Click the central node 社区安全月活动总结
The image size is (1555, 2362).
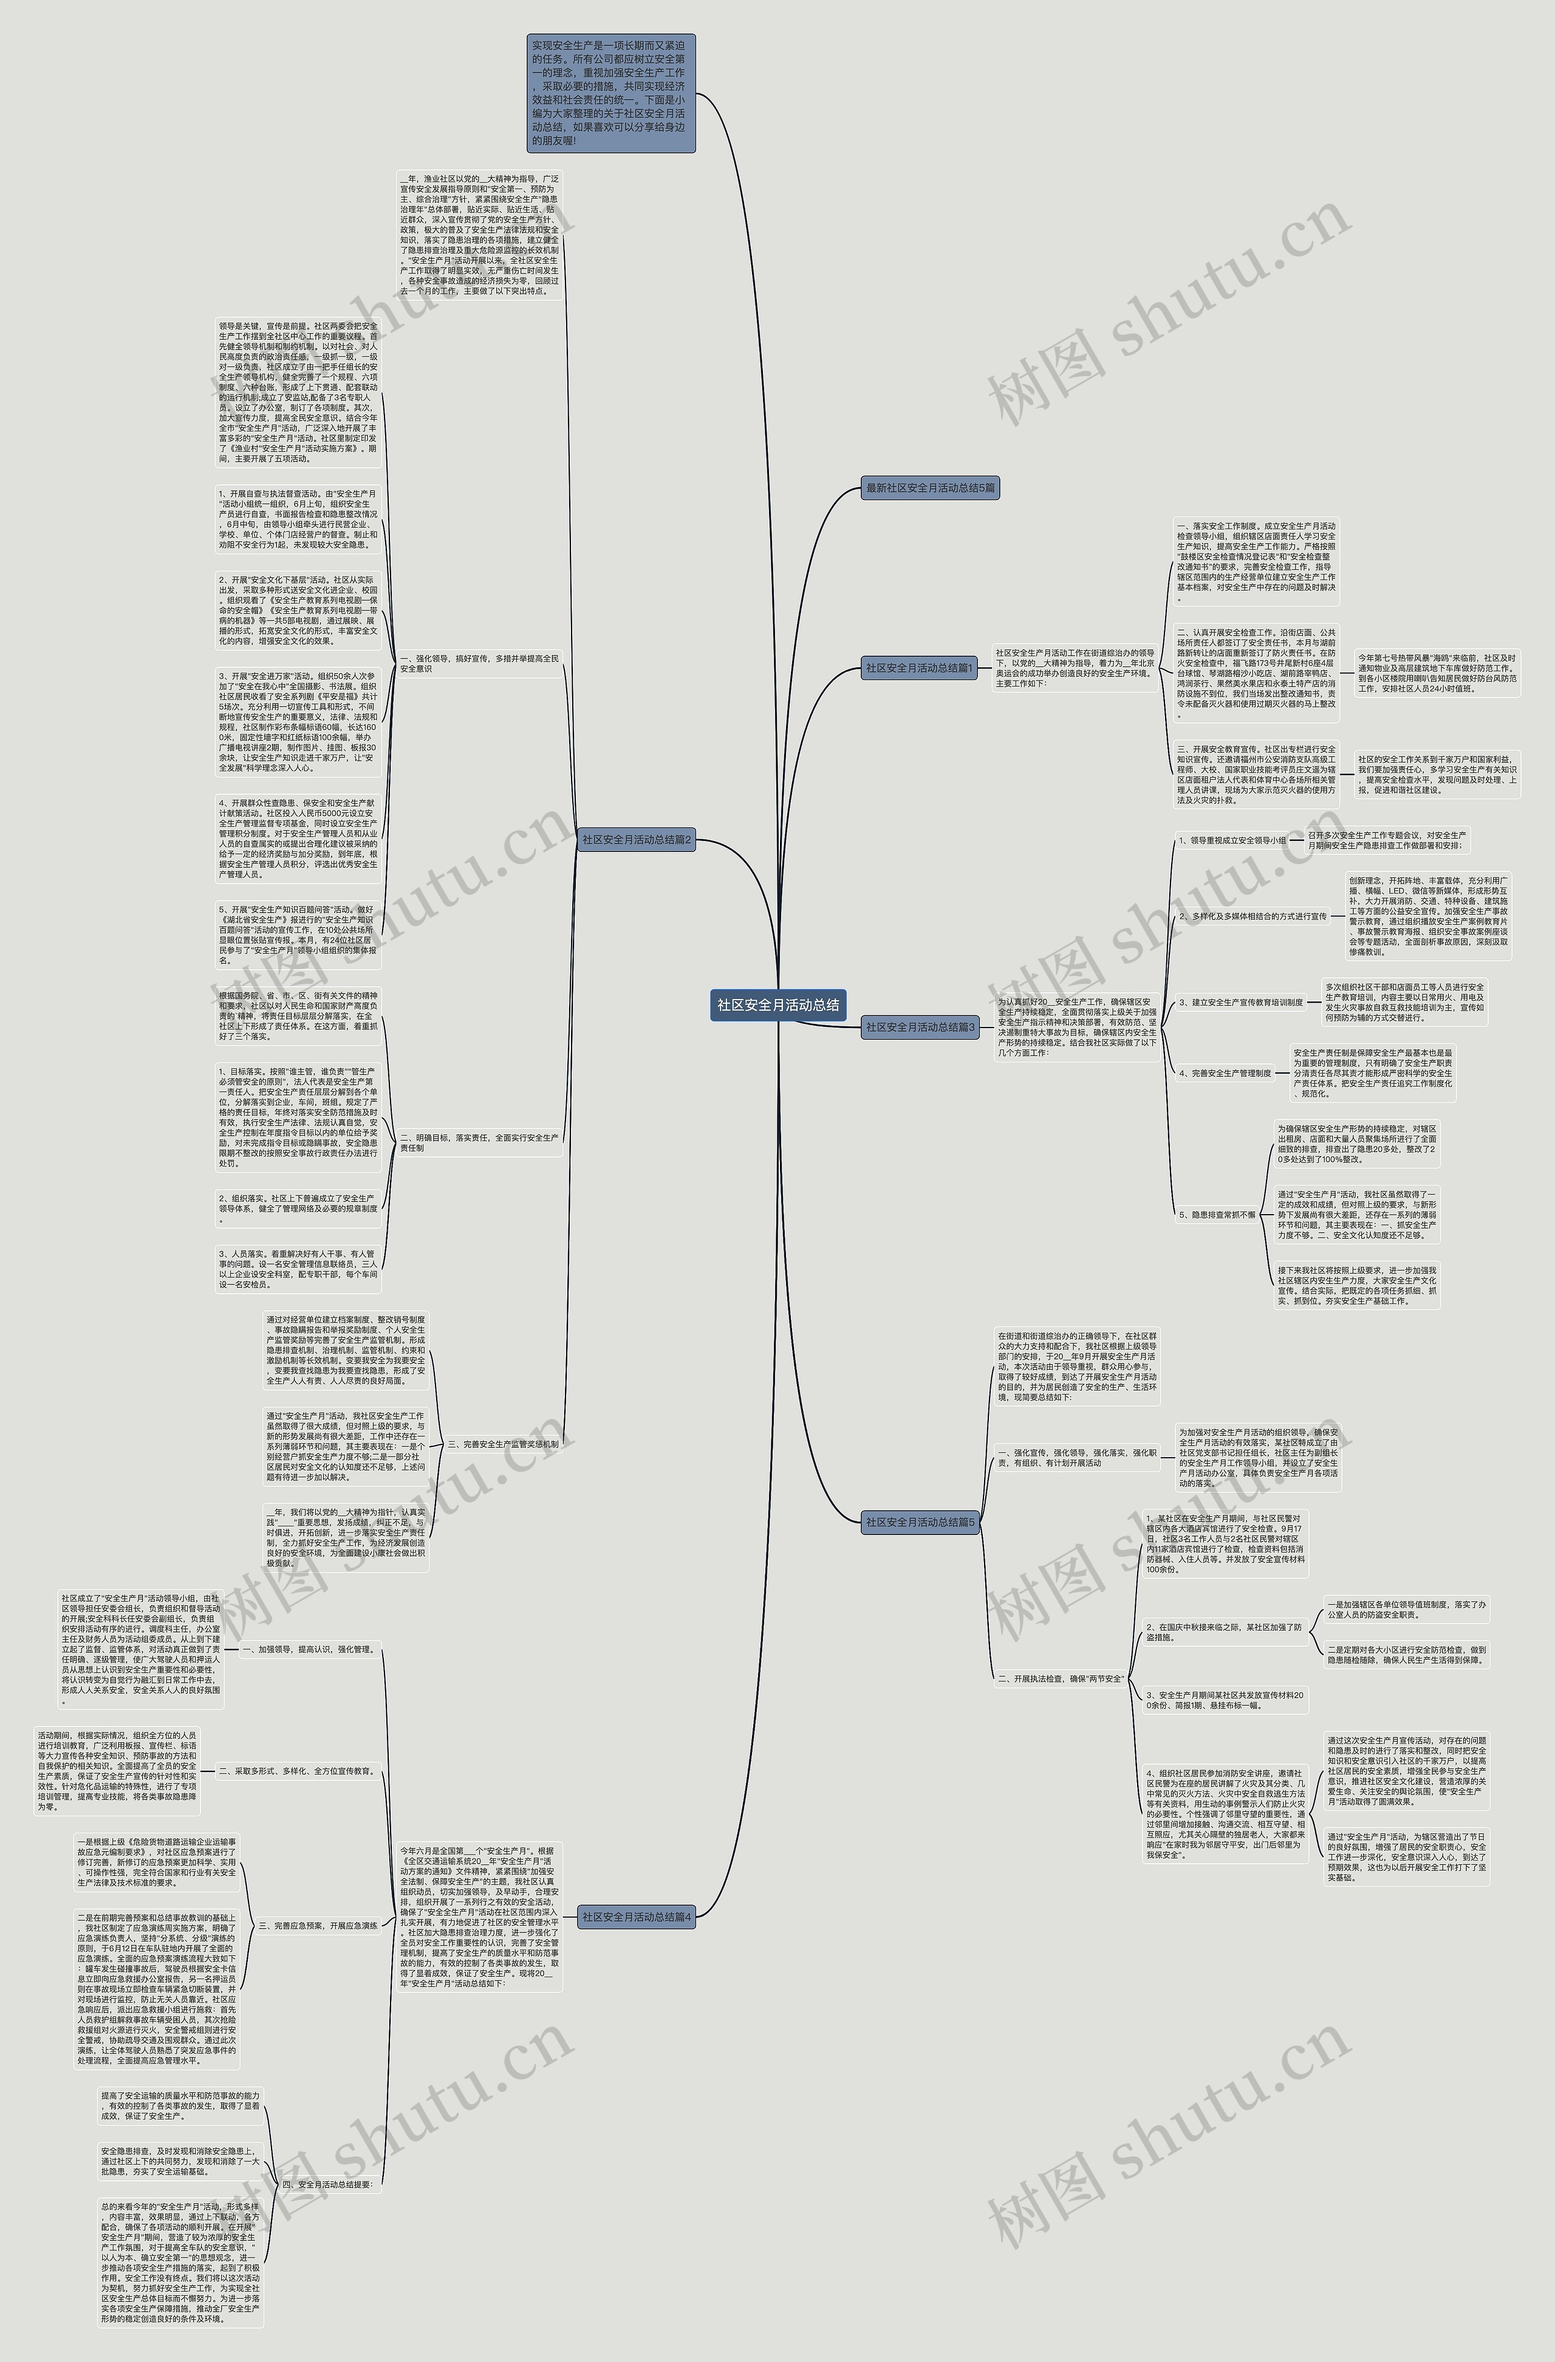pos(778,1004)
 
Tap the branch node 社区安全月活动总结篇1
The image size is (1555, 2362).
pos(920,668)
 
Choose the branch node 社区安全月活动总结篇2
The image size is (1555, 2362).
pos(636,840)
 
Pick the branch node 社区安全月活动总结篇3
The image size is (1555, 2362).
pos(920,1027)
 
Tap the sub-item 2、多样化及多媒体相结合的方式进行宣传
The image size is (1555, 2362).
pos(1253,916)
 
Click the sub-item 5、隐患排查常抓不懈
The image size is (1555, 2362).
pos(1217,1214)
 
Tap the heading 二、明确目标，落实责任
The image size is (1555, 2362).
pos(479,1142)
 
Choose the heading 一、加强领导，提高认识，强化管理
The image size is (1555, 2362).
pos(307,1649)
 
